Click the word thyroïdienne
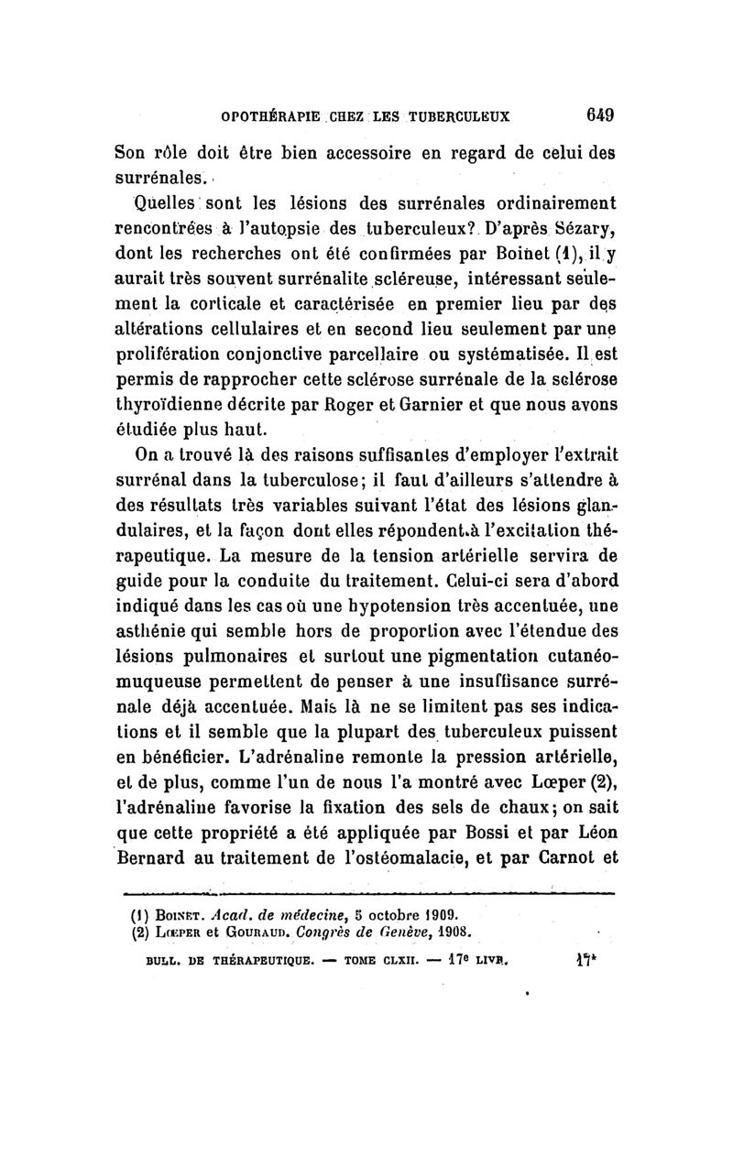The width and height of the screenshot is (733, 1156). tap(169, 404)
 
